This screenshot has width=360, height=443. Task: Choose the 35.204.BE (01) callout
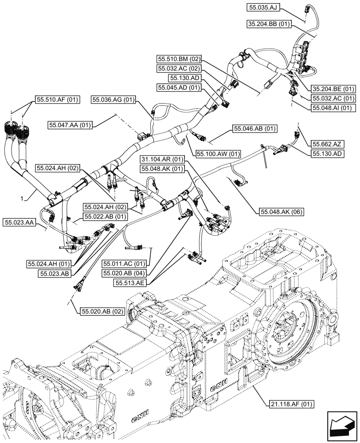(x=334, y=88)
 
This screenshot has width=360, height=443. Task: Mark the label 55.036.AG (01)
(x=113, y=101)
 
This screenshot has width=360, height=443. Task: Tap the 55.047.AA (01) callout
(x=70, y=125)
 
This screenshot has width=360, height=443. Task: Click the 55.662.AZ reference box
(x=327, y=144)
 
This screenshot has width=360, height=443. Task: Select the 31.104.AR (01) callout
(x=162, y=159)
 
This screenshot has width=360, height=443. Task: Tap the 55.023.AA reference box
(x=18, y=221)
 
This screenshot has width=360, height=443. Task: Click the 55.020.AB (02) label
(x=102, y=311)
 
